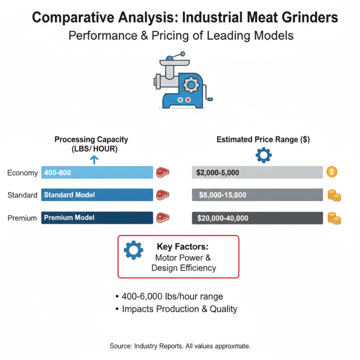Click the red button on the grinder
[188, 100]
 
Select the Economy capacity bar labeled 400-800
[97, 172]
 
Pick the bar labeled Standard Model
[97, 195]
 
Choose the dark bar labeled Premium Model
[97, 218]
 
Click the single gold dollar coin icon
[332, 172]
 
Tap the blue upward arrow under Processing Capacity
[94, 159]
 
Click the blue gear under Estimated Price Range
[263, 155]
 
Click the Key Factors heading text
[183, 247]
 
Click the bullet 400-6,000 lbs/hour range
[172, 297]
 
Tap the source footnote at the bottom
[180, 346]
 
